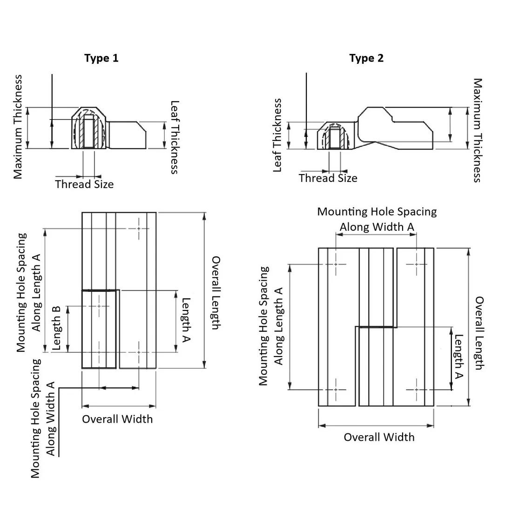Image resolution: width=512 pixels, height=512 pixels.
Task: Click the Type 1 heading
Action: pos(101,58)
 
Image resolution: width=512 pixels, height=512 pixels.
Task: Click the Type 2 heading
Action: pos(366,58)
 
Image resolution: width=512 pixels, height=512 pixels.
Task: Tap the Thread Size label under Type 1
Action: pos(84,184)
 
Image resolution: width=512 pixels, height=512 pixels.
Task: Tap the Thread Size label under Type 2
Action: pos(328,178)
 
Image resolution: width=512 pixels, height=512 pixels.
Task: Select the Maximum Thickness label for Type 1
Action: pos(18,127)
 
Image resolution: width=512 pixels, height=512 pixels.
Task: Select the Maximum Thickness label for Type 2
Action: pos(478,130)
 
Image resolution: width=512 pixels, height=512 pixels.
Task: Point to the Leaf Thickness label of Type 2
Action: pos(277,135)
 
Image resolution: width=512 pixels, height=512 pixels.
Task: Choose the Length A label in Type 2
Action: pos(459,357)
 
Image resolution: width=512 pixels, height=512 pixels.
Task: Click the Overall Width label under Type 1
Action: pos(117,419)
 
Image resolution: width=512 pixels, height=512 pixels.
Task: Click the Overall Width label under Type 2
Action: pos(379,437)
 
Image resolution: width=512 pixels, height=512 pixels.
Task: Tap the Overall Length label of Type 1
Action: pos(216,292)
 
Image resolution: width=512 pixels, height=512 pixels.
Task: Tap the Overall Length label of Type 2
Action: pos(479,333)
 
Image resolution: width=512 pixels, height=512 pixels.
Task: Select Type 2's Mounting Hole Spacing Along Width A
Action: pos(377,219)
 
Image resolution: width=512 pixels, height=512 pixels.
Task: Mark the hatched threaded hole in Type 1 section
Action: pos(89,133)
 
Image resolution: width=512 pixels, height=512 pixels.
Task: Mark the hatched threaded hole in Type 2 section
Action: pos(334,138)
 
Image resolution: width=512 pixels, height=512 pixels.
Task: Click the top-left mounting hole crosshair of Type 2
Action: pos(336,264)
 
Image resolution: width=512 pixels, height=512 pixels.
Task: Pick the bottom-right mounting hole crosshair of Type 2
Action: pos(416,390)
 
